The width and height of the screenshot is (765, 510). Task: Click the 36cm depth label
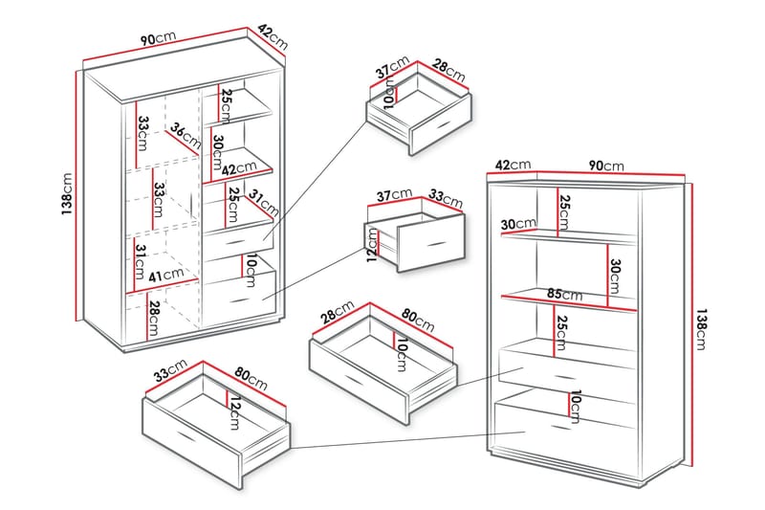[186, 137]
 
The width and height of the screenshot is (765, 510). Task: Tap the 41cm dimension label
[167, 275]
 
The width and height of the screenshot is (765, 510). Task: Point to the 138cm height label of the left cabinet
[66, 193]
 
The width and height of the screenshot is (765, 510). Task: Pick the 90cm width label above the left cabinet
[159, 39]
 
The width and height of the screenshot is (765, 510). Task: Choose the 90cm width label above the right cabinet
[606, 166]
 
